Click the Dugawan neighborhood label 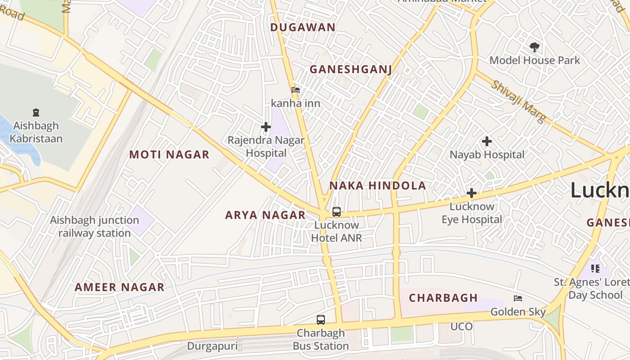coord(303,27)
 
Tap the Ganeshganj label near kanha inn coord(351,69)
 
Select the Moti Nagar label coord(169,155)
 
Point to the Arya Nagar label coord(265,215)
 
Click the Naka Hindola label coord(377,185)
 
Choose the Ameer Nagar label coord(119,287)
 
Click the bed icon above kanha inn coord(296,90)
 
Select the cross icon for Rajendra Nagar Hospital coord(266,127)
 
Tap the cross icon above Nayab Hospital coord(486,142)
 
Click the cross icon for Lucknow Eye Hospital coord(471,193)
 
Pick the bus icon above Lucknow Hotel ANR coord(336,212)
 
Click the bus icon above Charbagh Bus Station coord(320,320)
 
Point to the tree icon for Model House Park coord(534,47)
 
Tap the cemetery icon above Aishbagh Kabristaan coord(36,112)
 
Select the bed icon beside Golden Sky coord(518,298)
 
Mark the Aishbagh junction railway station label coord(94,226)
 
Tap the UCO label coord(462,326)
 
